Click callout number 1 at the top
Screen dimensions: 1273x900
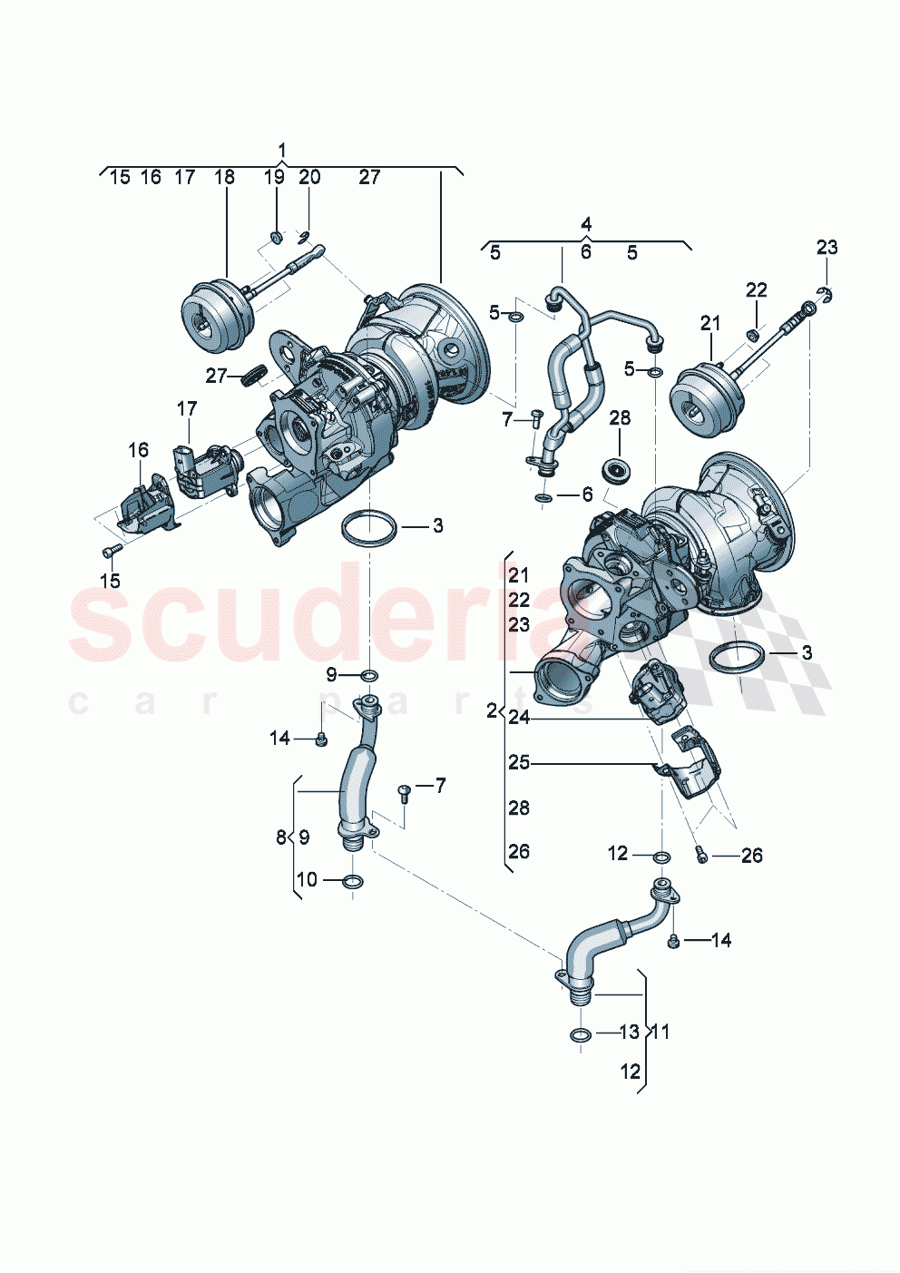click(x=282, y=150)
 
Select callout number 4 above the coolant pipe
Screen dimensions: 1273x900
click(x=586, y=224)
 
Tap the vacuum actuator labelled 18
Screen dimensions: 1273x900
click(x=214, y=312)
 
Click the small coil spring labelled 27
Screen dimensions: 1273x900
click(x=252, y=373)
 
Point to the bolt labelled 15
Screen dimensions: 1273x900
click(x=109, y=550)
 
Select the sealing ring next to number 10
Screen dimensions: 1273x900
click(x=354, y=881)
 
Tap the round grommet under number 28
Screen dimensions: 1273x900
click(x=620, y=470)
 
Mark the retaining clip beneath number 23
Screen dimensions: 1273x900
click(x=827, y=293)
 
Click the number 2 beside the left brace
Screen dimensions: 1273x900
click(x=492, y=710)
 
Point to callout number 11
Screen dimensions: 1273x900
click(x=660, y=1032)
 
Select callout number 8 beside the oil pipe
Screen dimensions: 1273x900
click(x=281, y=837)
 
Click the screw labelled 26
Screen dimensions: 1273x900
click(x=700, y=854)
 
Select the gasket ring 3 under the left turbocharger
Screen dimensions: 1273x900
click(x=368, y=529)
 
